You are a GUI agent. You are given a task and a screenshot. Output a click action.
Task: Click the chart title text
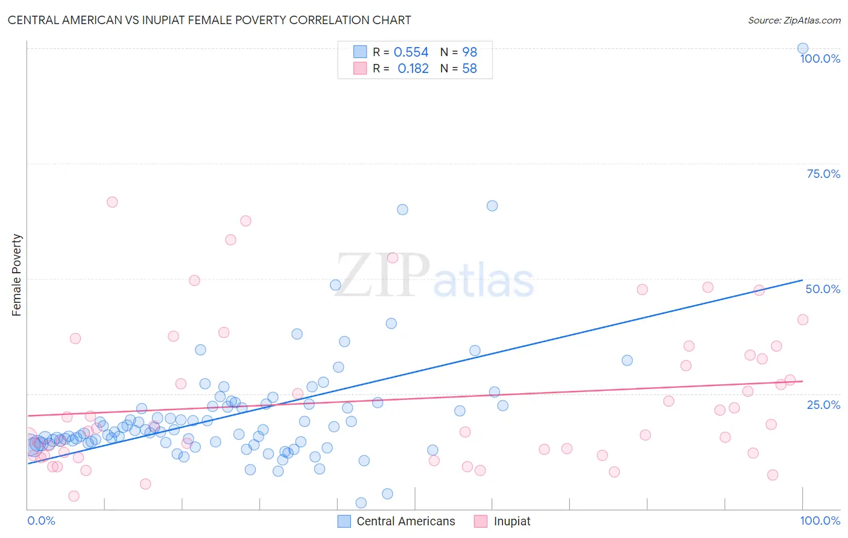click(209, 20)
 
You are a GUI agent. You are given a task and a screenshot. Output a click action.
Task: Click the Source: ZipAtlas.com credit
click(794, 20)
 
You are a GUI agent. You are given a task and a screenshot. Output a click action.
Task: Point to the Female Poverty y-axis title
click(17, 275)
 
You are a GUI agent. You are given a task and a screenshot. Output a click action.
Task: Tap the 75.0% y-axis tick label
click(823, 174)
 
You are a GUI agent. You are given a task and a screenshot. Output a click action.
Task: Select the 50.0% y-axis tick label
click(823, 289)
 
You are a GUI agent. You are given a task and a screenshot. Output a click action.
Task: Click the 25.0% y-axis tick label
click(823, 404)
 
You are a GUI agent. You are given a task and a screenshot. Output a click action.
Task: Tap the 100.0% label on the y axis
click(820, 59)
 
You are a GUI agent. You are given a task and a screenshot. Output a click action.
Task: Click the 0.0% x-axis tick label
click(41, 521)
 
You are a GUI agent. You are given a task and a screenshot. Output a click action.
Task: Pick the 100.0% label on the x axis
click(820, 521)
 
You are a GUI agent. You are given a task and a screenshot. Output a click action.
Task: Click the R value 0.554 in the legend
click(411, 52)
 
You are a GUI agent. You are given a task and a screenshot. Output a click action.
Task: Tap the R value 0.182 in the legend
click(413, 69)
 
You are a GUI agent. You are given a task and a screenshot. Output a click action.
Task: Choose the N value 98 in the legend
click(469, 52)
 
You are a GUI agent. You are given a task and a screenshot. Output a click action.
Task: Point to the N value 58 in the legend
click(469, 69)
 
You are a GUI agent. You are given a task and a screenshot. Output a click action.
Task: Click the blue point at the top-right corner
click(803, 48)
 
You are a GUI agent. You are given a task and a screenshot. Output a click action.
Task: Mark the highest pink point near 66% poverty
click(112, 202)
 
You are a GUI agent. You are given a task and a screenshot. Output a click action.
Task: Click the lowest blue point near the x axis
click(361, 502)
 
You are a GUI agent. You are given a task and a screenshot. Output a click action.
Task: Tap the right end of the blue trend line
click(802, 280)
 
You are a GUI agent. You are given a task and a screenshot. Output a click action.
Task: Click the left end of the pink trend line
click(28, 416)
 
